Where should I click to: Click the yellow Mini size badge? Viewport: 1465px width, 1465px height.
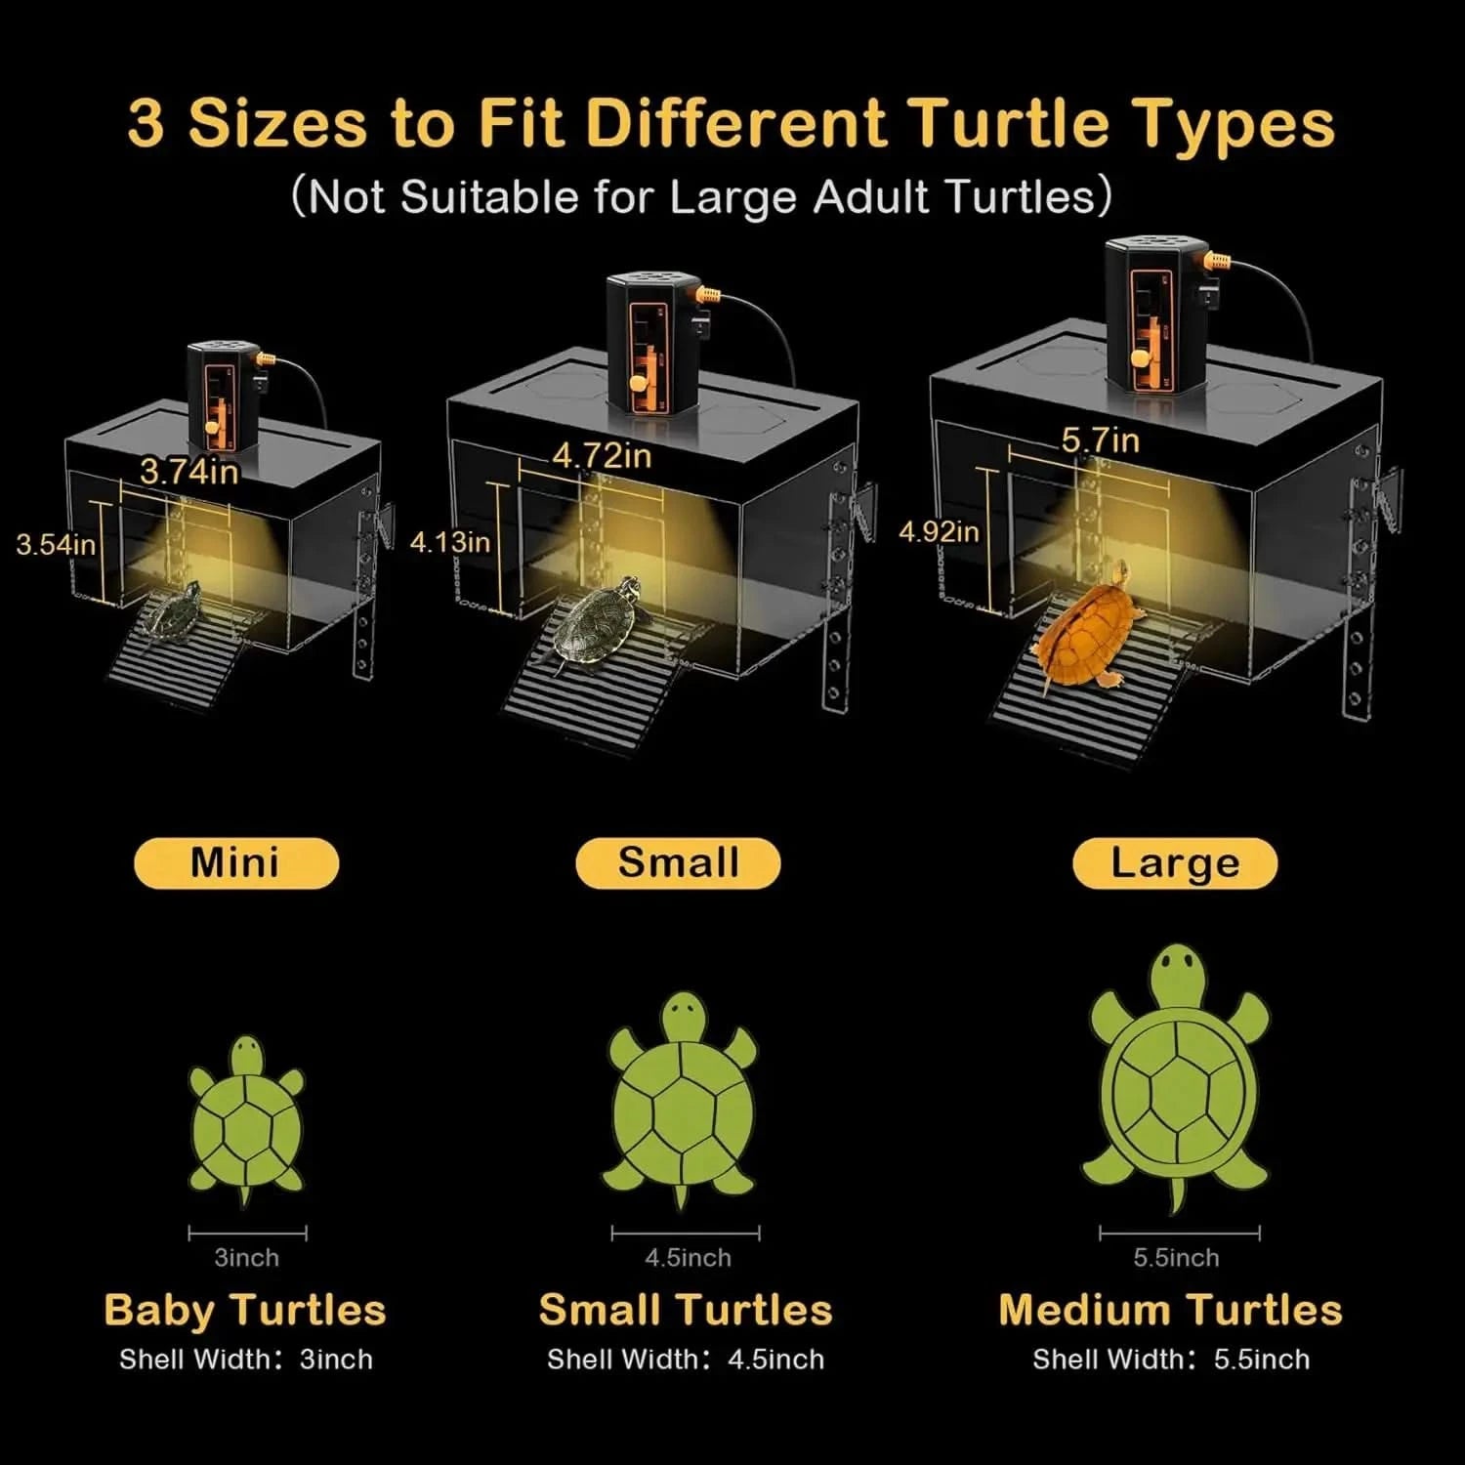235,863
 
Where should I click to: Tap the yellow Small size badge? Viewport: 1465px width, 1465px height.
678,863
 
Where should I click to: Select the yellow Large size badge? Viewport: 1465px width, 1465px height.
1174,863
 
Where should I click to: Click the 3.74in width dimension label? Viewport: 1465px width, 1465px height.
188,472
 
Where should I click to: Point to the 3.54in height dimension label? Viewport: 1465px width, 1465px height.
56,544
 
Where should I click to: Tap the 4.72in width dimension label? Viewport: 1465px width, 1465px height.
602,455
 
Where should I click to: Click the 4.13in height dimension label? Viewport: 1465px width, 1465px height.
449,542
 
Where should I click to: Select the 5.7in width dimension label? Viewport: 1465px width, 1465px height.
1101,440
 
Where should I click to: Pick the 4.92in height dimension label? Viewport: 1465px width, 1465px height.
939,532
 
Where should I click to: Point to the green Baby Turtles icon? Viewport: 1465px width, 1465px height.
245,1118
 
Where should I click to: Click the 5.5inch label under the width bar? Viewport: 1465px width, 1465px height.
1176,1258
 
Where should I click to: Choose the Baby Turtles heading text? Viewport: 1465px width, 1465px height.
245,1311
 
